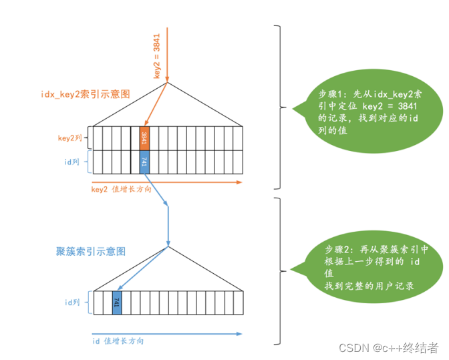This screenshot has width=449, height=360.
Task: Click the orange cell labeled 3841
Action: tap(144, 138)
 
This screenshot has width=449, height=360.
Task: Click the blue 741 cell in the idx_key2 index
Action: tap(144, 161)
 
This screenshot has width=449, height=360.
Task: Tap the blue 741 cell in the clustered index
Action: tap(117, 302)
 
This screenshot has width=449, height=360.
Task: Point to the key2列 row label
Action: tap(69, 138)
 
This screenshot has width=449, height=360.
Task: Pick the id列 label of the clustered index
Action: tap(71, 302)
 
